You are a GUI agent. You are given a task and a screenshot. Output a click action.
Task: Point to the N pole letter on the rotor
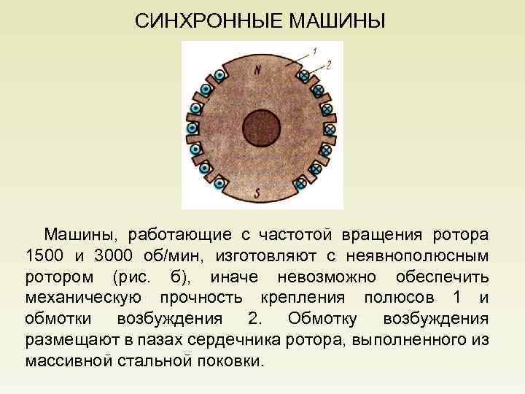(x=258, y=69)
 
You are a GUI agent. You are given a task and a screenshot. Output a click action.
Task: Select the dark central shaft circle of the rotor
(x=262, y=129)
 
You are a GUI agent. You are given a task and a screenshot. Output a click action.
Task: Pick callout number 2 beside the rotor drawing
(x=328, y=65)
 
